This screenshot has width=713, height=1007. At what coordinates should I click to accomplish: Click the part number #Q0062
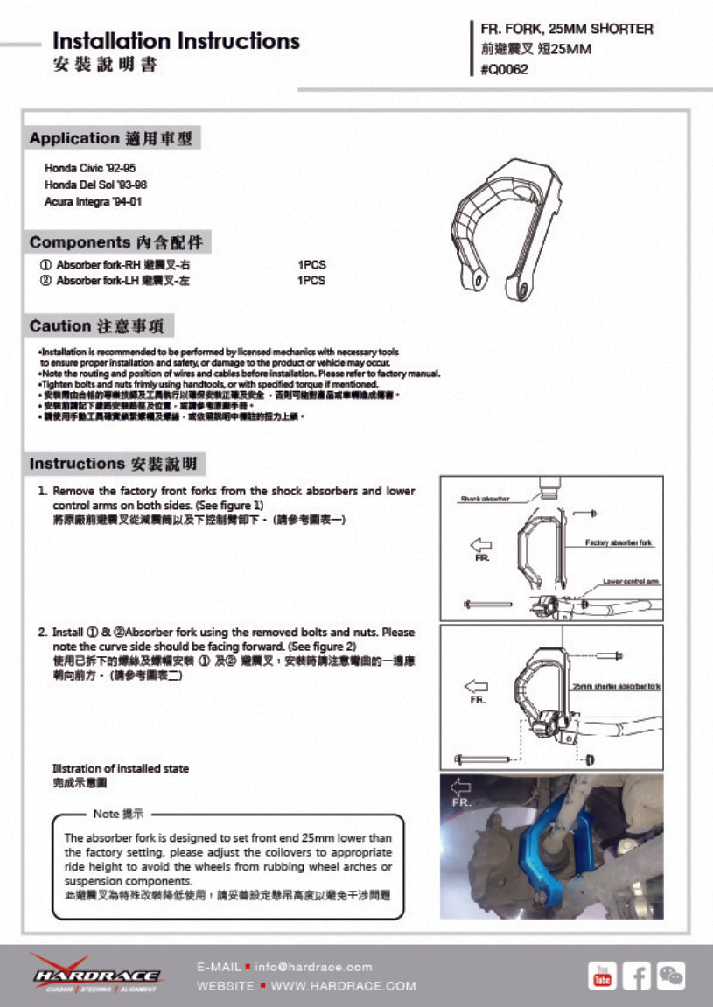click(504, 70)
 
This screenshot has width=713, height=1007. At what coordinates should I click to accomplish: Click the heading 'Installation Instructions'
click(176, 41)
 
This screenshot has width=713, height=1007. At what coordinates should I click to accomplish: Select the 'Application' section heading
click(73, 138)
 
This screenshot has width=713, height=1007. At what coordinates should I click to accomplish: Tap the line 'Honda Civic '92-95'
click(90, 167)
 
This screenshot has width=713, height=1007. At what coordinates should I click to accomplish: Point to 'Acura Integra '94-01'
click(93, 201)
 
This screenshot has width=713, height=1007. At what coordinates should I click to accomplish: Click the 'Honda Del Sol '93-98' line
click(95, 185)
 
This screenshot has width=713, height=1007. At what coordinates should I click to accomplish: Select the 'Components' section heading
click(80, 242)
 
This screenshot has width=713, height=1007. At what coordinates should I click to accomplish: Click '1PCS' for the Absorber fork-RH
click(311, 264)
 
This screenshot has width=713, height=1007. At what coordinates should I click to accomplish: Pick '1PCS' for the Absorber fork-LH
click(311, 281)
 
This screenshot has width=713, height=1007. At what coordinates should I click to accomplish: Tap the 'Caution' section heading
click(59, 326)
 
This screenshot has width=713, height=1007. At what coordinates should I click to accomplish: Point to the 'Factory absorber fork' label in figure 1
click(619, 543)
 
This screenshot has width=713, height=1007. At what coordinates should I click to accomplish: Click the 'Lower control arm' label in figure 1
click(631, 581)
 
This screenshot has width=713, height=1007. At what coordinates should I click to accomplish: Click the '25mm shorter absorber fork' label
click(616, 687)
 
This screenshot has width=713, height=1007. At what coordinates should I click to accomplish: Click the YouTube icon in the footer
click(602, 975)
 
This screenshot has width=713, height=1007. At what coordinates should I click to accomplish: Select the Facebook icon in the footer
click(636, 975)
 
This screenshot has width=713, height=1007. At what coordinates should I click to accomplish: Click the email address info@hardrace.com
click(313, 967)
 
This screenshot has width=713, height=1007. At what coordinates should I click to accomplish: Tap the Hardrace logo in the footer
click(96, 975)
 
